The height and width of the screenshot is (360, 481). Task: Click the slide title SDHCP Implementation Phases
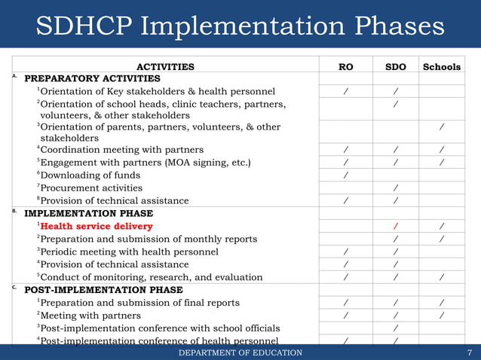coord(240,27)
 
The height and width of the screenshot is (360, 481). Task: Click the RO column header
coord(346,67)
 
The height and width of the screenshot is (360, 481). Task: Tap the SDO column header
coord(395,67)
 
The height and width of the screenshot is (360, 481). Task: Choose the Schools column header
coord(441,67)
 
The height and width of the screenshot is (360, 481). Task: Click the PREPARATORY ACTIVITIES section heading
coord(92,78)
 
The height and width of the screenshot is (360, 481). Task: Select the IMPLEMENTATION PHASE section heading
coord(88,213)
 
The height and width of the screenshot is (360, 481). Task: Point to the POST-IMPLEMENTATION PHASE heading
coord(103,289)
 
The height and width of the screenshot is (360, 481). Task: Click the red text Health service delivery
coord(97,226)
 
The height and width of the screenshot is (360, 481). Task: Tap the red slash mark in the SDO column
coord(395,227)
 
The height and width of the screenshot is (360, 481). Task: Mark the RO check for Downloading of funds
coord(345,175)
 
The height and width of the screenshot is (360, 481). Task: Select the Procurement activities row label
coord(91,188)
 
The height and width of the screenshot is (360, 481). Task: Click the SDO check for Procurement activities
coord(395,188)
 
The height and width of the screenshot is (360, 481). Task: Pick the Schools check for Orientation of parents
coord(441,127)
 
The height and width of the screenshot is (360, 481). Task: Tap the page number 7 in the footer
coord(469,352)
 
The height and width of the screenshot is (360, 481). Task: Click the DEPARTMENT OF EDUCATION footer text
coord(240,352)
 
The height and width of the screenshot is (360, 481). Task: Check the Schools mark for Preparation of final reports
coord(441,303)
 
